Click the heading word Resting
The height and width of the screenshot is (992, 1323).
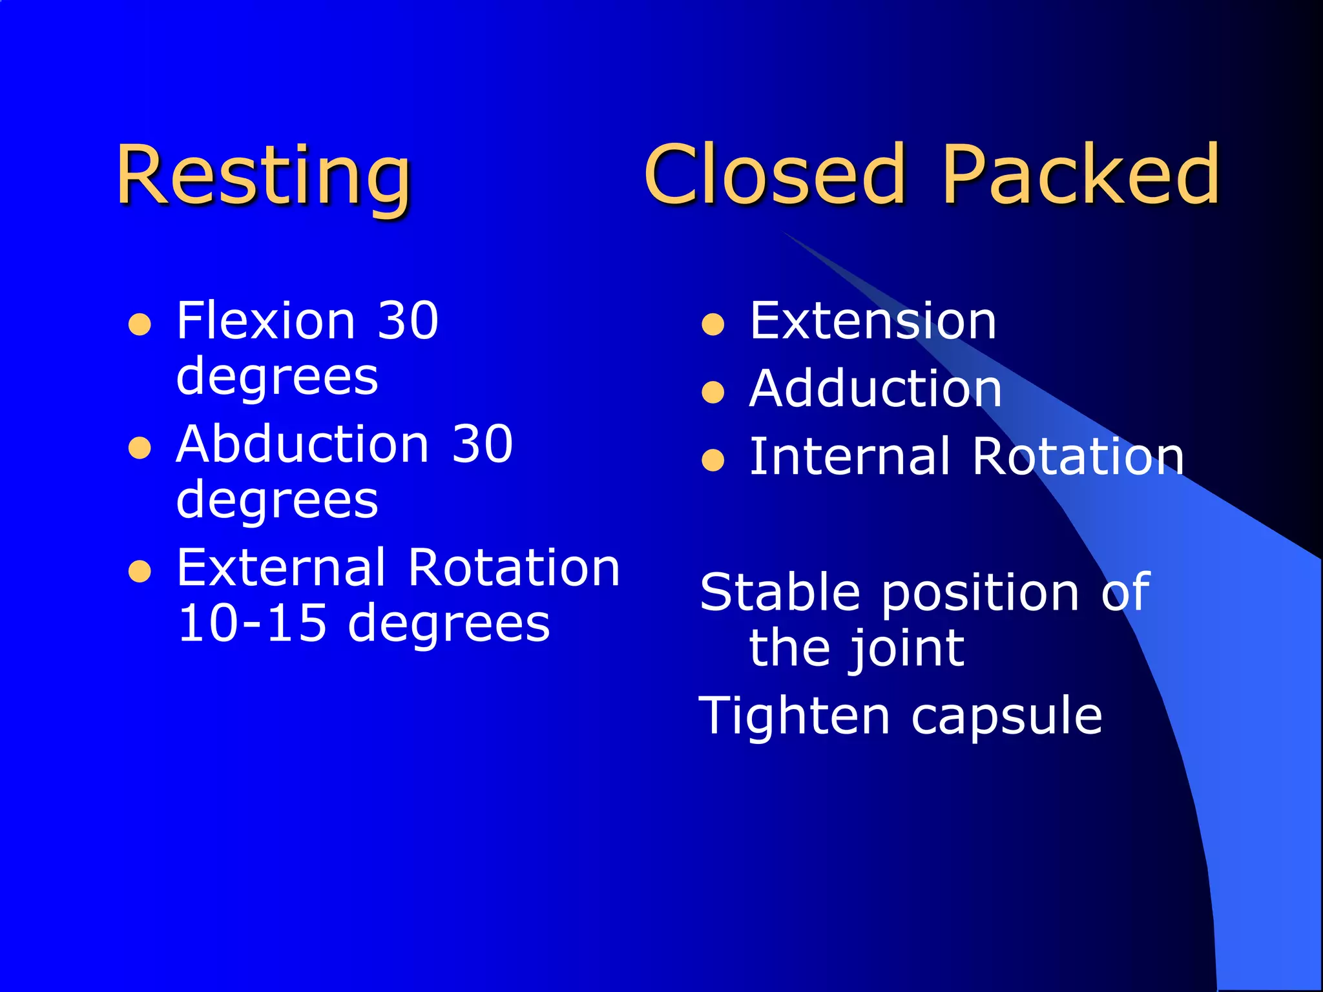264,176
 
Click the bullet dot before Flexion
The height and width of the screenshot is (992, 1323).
140,324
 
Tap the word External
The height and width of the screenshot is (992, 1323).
281,568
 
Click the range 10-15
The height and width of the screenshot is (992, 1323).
252,623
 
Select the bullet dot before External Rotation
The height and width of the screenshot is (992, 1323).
140,571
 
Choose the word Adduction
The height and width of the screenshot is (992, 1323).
875,389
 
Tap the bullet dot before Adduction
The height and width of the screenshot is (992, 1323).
713,392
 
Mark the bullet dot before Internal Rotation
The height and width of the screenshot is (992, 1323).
713,460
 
